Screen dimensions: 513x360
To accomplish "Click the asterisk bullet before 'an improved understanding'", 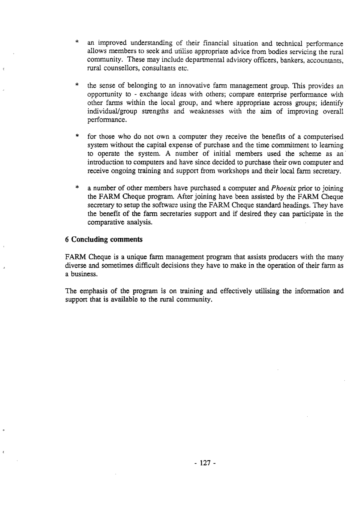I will point(76,42).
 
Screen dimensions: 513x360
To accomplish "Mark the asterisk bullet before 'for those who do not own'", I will point(76,137).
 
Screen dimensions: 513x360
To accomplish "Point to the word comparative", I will point(105,223).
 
